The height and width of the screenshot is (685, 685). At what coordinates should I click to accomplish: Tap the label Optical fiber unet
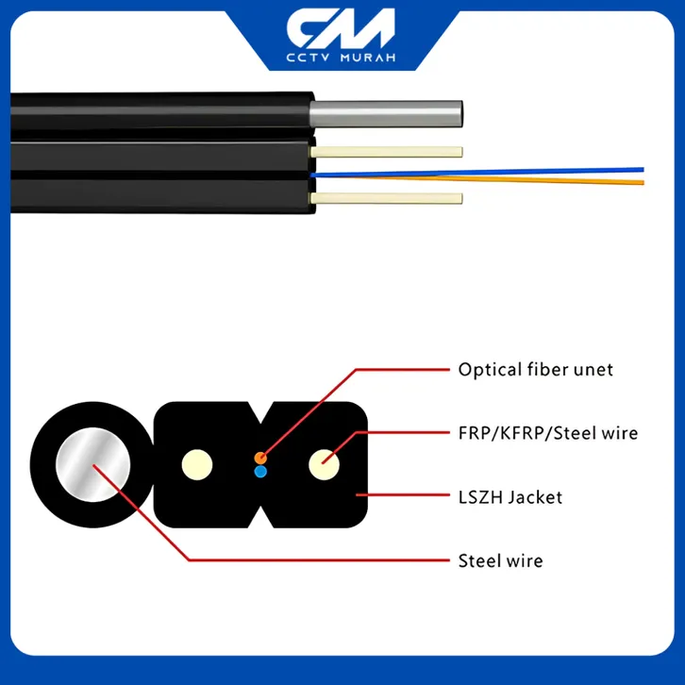[535, 370]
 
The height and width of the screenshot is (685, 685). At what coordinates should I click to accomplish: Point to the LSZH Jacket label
[510, 496]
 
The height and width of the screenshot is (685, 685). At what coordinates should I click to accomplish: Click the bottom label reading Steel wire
[500, 560]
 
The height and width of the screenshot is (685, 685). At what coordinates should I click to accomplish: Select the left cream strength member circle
[198, 463]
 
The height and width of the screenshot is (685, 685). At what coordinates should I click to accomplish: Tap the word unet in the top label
[592, 370]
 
